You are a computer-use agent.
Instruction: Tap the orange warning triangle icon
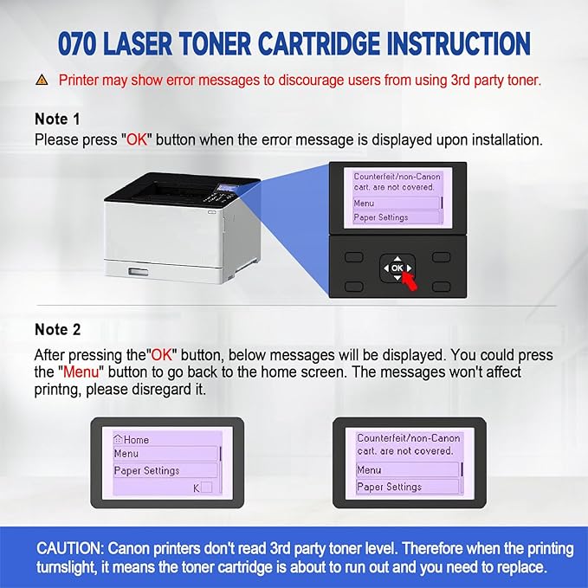coord(42,81)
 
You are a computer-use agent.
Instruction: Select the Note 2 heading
coord(57,329)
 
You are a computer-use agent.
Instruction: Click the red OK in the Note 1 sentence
coord(137,138)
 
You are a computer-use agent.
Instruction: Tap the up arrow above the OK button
coord(397,258)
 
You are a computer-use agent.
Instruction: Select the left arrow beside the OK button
coord(384,269)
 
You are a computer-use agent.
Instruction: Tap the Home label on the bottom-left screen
coord(136,440)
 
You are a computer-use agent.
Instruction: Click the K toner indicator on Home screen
coord(196,488)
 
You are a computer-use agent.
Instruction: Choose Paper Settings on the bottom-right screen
coord(389,487)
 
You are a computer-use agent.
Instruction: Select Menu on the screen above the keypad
coord(365,204)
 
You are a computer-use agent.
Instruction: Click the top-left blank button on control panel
coord(352,257)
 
